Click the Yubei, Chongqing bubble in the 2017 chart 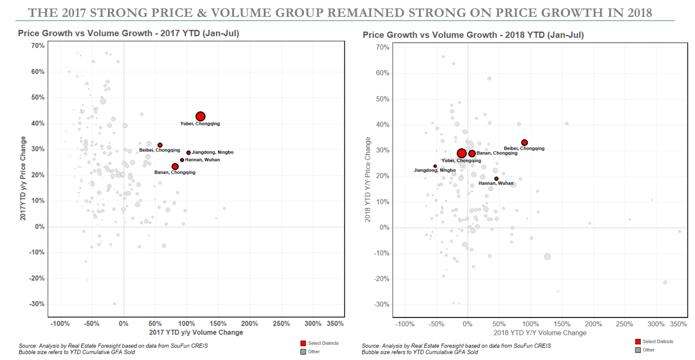coord(200,117)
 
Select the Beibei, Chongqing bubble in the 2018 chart coord(525,142)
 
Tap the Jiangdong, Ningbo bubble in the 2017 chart coord(188,153)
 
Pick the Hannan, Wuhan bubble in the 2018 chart coord(497,179)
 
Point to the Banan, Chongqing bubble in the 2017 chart coord(175,166)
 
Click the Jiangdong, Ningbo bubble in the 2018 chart coord(435,166)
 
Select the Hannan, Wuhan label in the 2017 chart coord(202,160)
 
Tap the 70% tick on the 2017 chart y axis coord(38,46)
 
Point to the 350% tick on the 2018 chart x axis coord(679,323)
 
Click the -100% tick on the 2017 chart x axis coord(61,323)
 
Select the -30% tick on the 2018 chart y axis coord(382,305)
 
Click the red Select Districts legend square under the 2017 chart coord(303,343)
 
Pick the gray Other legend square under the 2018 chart coord(637,350)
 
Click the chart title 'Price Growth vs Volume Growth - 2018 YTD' coord(473,36)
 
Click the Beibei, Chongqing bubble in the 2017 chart coord(160,145)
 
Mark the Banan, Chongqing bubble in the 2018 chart coord(472,153)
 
